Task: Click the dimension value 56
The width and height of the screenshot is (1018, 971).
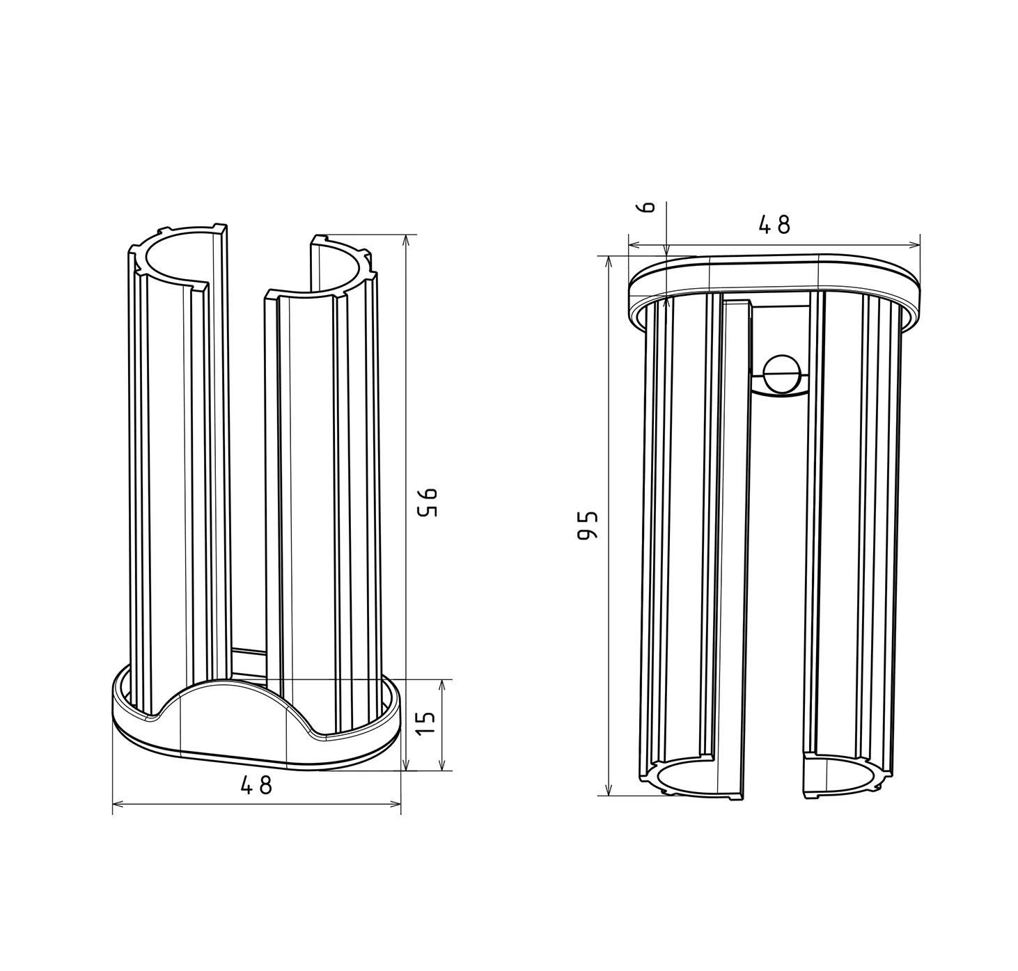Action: click(x=428, y=502)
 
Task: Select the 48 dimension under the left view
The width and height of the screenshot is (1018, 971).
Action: click(x=256, y=785)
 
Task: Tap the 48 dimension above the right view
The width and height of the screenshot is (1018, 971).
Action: click(x=774, y=225)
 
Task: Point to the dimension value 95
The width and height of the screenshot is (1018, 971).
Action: click(x=588, y=526)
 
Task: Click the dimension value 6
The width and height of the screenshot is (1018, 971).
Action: click(x=648, y=207)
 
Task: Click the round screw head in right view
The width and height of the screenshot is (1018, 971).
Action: click(x=783, y=372)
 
